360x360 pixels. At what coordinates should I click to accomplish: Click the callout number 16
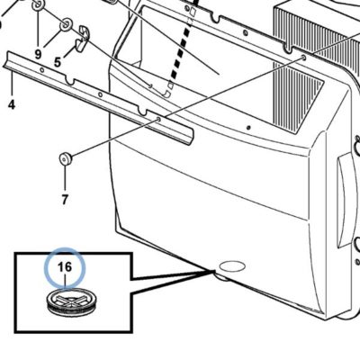click(65, 266)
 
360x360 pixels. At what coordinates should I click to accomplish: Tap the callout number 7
click(65, 200)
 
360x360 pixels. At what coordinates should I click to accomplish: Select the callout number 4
click(12, 104)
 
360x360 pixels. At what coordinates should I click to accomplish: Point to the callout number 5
click(58, 62)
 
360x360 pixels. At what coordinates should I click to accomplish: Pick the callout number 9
click(38, 54)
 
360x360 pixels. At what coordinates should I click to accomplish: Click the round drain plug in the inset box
click(70, 302)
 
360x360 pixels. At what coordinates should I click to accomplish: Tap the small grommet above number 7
click(65, 158)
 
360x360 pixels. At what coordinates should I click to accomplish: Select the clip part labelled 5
click(82, 39)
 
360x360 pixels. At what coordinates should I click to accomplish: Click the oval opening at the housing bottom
click(232, 266)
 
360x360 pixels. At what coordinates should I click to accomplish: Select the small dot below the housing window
click(248, 128)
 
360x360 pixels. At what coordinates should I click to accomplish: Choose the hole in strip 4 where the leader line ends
click(158, 120)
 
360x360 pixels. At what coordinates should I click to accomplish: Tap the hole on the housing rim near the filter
click(304, 57)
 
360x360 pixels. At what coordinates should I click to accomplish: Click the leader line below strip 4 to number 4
click(12, 85)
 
